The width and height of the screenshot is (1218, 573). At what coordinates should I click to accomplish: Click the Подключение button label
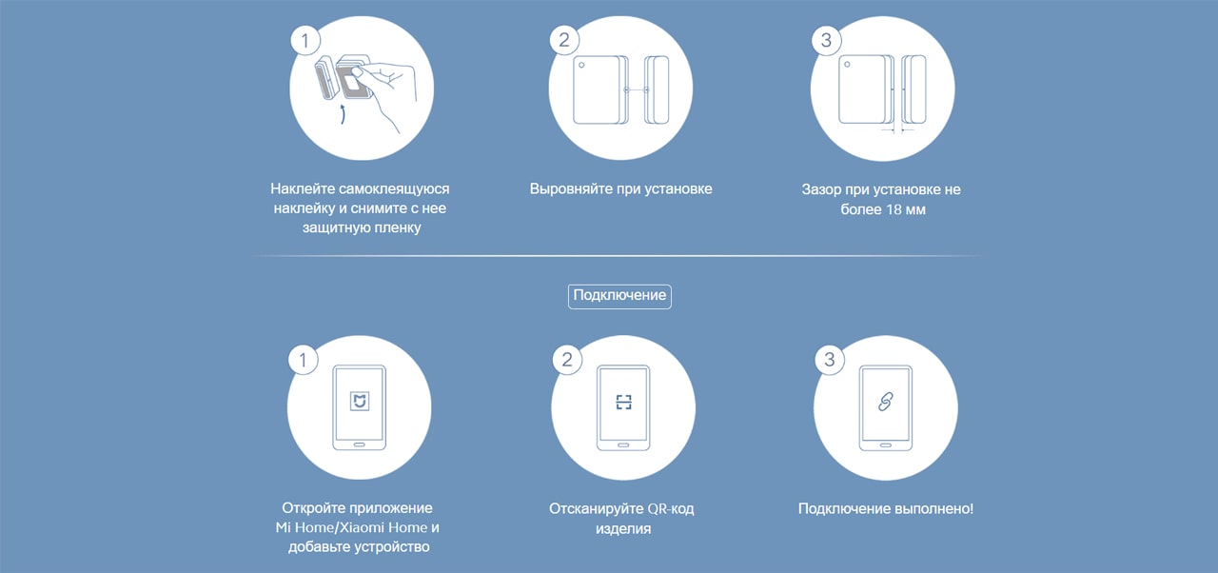point(619,295)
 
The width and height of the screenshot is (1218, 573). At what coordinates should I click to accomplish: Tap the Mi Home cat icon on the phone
point(360,402)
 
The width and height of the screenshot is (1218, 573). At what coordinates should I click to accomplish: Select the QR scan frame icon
point(623,403)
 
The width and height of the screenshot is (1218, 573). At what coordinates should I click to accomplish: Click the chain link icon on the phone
point(886,402)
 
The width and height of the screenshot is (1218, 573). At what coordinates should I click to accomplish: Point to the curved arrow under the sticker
point(343,114)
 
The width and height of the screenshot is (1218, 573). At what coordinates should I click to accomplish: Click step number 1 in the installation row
point(305,41)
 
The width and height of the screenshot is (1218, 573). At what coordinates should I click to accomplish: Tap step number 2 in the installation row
point(564,40)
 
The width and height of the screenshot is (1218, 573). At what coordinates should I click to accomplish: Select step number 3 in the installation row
point(826,40)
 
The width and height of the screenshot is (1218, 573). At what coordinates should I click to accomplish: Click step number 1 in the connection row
point(303,360)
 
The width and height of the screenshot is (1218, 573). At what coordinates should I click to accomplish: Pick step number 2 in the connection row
point(567,360)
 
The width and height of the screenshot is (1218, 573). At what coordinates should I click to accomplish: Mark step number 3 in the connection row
point(829,360)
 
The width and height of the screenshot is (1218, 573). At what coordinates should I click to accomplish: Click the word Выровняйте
point(571,189)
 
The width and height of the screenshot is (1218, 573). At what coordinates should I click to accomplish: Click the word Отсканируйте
point(589,509)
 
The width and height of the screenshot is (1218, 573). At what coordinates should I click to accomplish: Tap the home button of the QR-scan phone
point(623,445)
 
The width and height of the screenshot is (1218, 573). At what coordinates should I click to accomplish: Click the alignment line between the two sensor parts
point(637,90)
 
